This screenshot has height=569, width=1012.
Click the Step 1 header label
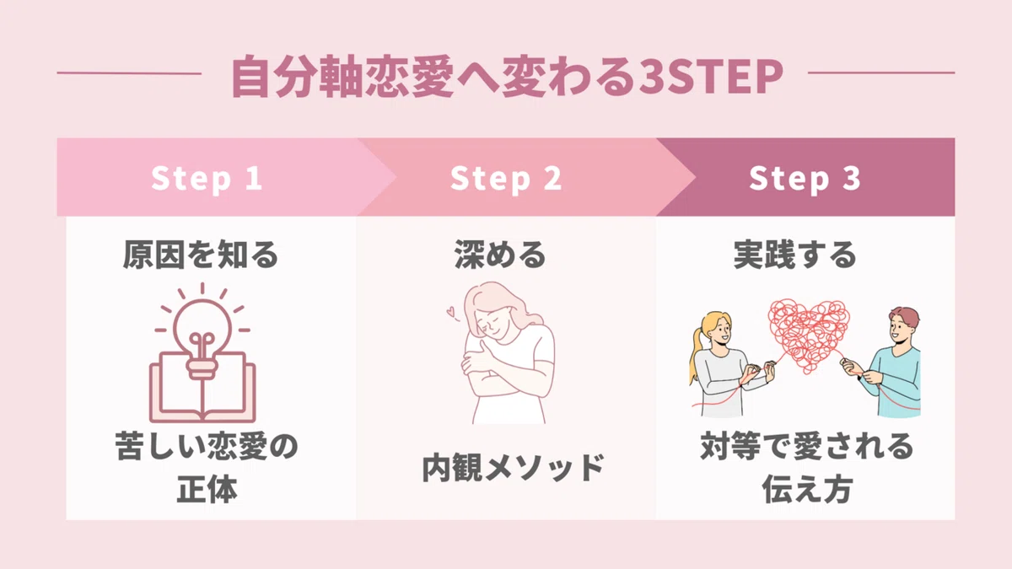tap(207, 179)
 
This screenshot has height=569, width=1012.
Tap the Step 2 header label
tap(506, 179)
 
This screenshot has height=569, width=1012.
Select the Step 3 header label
tap(805, 179)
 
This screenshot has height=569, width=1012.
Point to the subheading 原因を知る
tap(201, 255)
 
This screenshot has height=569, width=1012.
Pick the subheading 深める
tap(500, 255)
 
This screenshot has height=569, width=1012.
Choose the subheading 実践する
tap(795, 255)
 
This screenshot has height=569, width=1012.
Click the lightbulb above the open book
tap(202, 332)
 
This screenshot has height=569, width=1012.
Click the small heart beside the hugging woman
tap(451, 312)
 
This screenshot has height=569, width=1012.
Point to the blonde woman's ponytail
tap(697, 357)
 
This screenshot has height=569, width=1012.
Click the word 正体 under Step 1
tap(207, 489)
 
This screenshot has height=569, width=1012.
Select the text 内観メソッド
tap(513, 468)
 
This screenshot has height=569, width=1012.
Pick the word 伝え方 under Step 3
tap(807, 489)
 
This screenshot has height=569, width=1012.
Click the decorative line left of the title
tap(129, 73)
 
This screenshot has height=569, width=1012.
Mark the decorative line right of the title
tap(881, 72)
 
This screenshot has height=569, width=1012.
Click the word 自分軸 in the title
tap(297, 77)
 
